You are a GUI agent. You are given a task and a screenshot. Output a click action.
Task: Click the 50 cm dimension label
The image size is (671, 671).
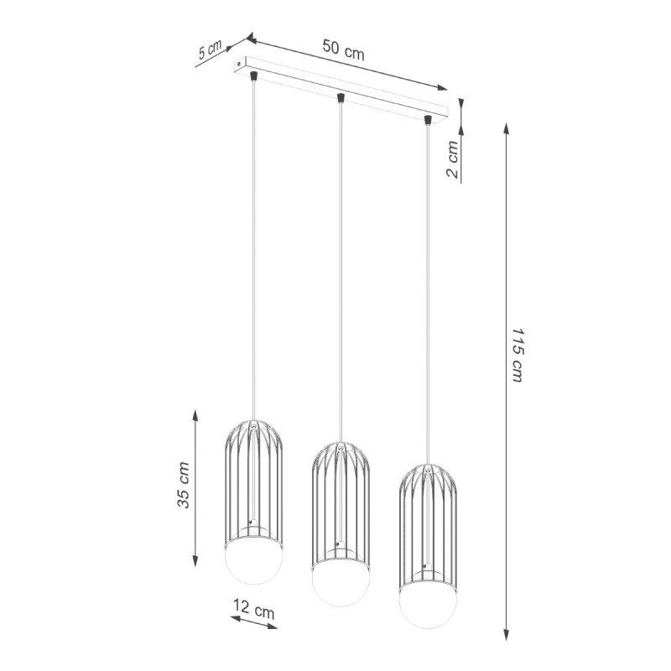coord(343,49)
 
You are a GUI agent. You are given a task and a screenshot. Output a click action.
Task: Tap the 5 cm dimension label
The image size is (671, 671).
coord(211,52)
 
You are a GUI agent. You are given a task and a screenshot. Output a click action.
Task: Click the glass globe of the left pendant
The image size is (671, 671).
coord(255,563)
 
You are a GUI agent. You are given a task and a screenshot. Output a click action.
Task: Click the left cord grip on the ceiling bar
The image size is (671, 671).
coord(254,77)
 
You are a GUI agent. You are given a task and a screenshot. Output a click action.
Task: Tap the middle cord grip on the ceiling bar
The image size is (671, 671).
coord(340,99)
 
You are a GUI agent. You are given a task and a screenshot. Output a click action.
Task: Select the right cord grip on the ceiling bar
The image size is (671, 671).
coord(428,121)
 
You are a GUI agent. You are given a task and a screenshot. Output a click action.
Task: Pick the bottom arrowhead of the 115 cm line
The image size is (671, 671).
coord(506,636)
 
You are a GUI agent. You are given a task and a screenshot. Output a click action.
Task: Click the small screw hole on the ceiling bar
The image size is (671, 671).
coord(242,62)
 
